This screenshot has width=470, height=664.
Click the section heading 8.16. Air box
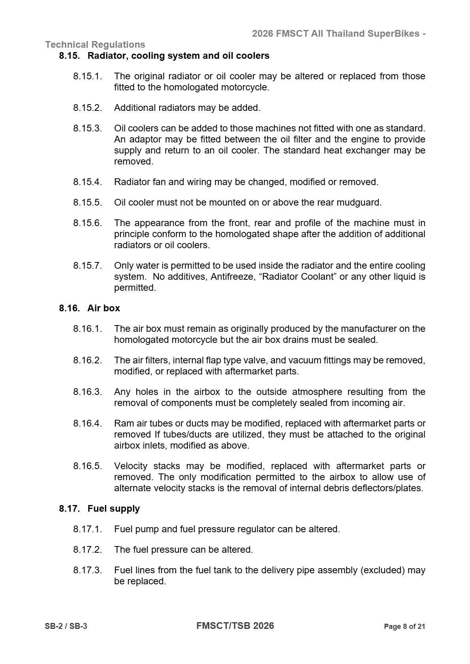90,308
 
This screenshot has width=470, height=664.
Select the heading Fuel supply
113,509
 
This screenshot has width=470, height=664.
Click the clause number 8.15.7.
87,266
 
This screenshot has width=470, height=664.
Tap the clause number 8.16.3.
87,392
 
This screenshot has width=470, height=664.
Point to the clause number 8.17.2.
87,550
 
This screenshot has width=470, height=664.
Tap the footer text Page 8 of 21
404,627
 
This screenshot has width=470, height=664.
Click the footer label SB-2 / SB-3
66,627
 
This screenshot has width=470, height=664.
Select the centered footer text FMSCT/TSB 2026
235,626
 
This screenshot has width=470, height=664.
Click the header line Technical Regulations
95,45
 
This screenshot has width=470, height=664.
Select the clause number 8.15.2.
87,108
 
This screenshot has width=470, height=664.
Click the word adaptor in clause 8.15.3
143,139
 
